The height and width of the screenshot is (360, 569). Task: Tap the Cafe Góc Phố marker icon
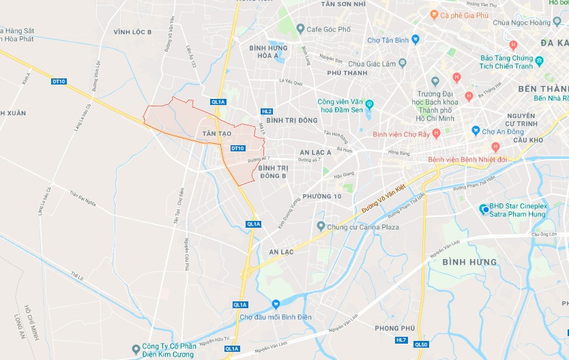301,29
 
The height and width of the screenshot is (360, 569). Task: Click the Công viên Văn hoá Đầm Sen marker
369,104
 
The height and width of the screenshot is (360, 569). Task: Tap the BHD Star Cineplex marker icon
484,209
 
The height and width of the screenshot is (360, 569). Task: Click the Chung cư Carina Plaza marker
321,226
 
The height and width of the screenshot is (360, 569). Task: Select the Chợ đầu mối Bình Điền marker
275,304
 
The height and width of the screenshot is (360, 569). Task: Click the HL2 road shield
267,111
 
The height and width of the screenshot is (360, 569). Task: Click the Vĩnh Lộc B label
133,31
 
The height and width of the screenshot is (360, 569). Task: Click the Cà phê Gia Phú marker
434,14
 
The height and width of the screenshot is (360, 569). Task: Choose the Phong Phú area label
395,328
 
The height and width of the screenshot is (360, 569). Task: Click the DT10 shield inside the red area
237,148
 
